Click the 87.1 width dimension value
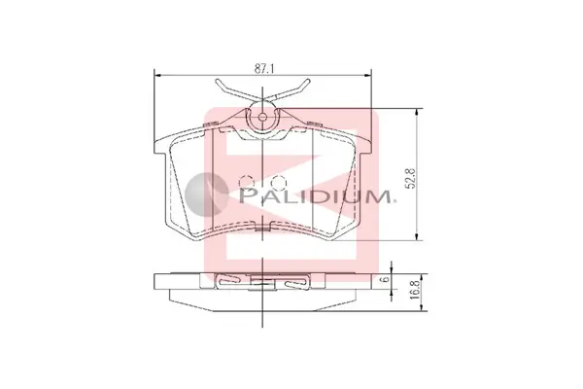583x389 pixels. [264, 68]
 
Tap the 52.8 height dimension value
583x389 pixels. [411, 178]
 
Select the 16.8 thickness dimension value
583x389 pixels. [416, 290]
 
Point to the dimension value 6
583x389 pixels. [386, 279]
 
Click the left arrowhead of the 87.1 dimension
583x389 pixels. [157, 75]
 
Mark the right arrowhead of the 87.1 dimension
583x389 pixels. [367, 75]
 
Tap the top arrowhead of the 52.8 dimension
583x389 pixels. [418, 113]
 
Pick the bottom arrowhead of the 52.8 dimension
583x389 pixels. [418, 236]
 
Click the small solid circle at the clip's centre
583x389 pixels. [262, 118]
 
